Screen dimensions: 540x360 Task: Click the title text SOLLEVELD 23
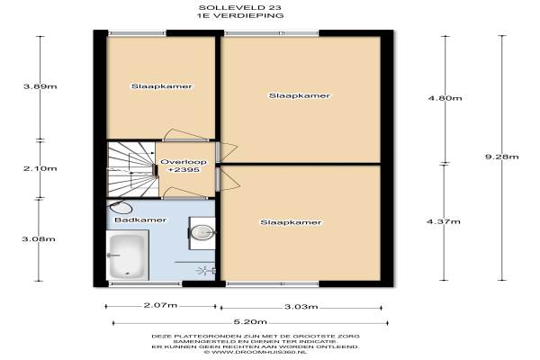pos(239,7)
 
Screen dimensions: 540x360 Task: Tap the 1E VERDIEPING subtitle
pos(239,15)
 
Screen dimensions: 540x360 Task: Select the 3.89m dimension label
pos(40,86)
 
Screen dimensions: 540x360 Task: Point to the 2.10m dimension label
pos(40,168)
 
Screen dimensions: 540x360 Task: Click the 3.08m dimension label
pos(39,239)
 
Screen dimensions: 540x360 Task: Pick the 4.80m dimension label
pos(445,98)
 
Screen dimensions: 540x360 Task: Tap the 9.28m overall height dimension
pos(502,157)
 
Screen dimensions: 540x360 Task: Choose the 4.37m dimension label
pos(444,221)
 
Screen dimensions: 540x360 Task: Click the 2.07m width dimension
pos(160,305)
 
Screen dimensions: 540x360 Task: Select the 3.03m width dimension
pos(301,307)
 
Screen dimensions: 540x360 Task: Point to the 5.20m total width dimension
pos(250,322)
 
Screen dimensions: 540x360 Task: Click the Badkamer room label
pos(140,220)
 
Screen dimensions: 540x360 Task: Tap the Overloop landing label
pos(184,162)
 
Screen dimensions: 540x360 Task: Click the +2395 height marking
pos(184,170)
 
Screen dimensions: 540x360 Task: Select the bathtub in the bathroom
pos(128,256)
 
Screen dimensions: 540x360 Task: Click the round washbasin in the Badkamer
pos(202,232)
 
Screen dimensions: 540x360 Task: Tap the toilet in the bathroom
pos(120,207)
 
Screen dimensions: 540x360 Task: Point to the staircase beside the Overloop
pos(132,170)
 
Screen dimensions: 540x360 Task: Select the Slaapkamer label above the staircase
pos(161,86)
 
